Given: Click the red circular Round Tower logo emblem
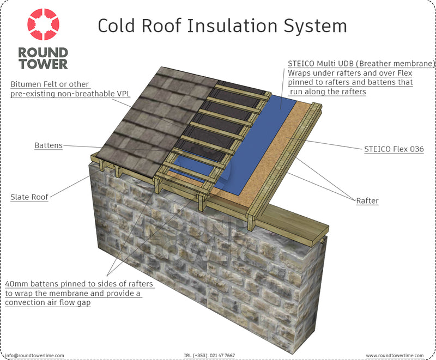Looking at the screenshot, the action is pyautogui.click(x=43, y=24).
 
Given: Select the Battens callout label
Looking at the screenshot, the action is pyautogui.click(x=49, y=145).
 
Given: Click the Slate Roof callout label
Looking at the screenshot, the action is pyautogui.click(x=29, y=197).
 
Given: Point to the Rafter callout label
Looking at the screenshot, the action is pyautogui.click(x=367, y=200).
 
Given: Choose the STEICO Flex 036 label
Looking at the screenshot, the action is pyautogui.click(x=394, y=149).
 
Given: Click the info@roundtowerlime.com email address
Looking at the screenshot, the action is pyautogui.click(x=34, y=356).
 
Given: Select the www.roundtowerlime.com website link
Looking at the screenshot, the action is pyautogui.click(x=395, y=356).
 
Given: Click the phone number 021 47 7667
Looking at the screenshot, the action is pyautogui.click(x=222, y=356).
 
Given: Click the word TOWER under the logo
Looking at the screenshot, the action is pyautogui.click(x=43, y=64).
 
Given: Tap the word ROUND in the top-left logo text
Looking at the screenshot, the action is pyautogui.click(x=43, y=53).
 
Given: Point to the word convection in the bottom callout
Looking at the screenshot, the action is pyautogui.click(x=23, y=302).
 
